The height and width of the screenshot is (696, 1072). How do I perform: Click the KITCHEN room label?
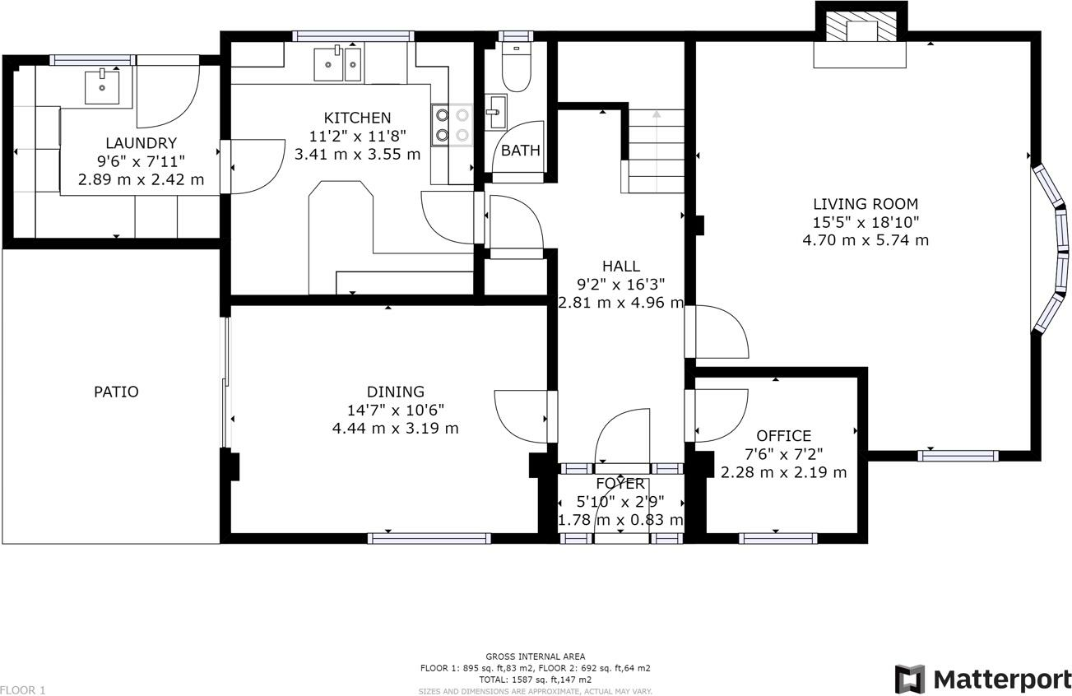[357, 118]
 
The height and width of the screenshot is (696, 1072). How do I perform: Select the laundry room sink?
[102, 87]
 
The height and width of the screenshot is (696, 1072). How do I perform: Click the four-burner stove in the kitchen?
[452, 125]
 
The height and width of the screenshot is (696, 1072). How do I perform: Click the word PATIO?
[116, 392]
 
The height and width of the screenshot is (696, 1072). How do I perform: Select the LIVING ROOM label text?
[865, 204]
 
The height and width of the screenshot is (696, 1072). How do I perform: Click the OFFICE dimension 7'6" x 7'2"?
[784, 454]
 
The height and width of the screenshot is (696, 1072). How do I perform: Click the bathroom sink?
[496, 112]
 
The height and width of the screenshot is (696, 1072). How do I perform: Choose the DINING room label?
[396, 392]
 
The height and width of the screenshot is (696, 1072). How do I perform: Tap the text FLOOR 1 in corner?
[23, 690]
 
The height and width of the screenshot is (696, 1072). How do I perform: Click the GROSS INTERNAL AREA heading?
[535, 657]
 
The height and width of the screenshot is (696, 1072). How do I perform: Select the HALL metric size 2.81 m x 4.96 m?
[620, 303]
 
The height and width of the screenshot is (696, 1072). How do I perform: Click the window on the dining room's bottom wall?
[429, 539]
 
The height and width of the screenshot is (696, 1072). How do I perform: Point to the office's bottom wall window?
[778, 539]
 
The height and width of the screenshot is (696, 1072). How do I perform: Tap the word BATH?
[521, 151]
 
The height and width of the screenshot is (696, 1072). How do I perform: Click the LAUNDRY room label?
[142, 143]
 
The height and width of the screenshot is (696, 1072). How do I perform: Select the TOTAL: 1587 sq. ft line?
[535, 680]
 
